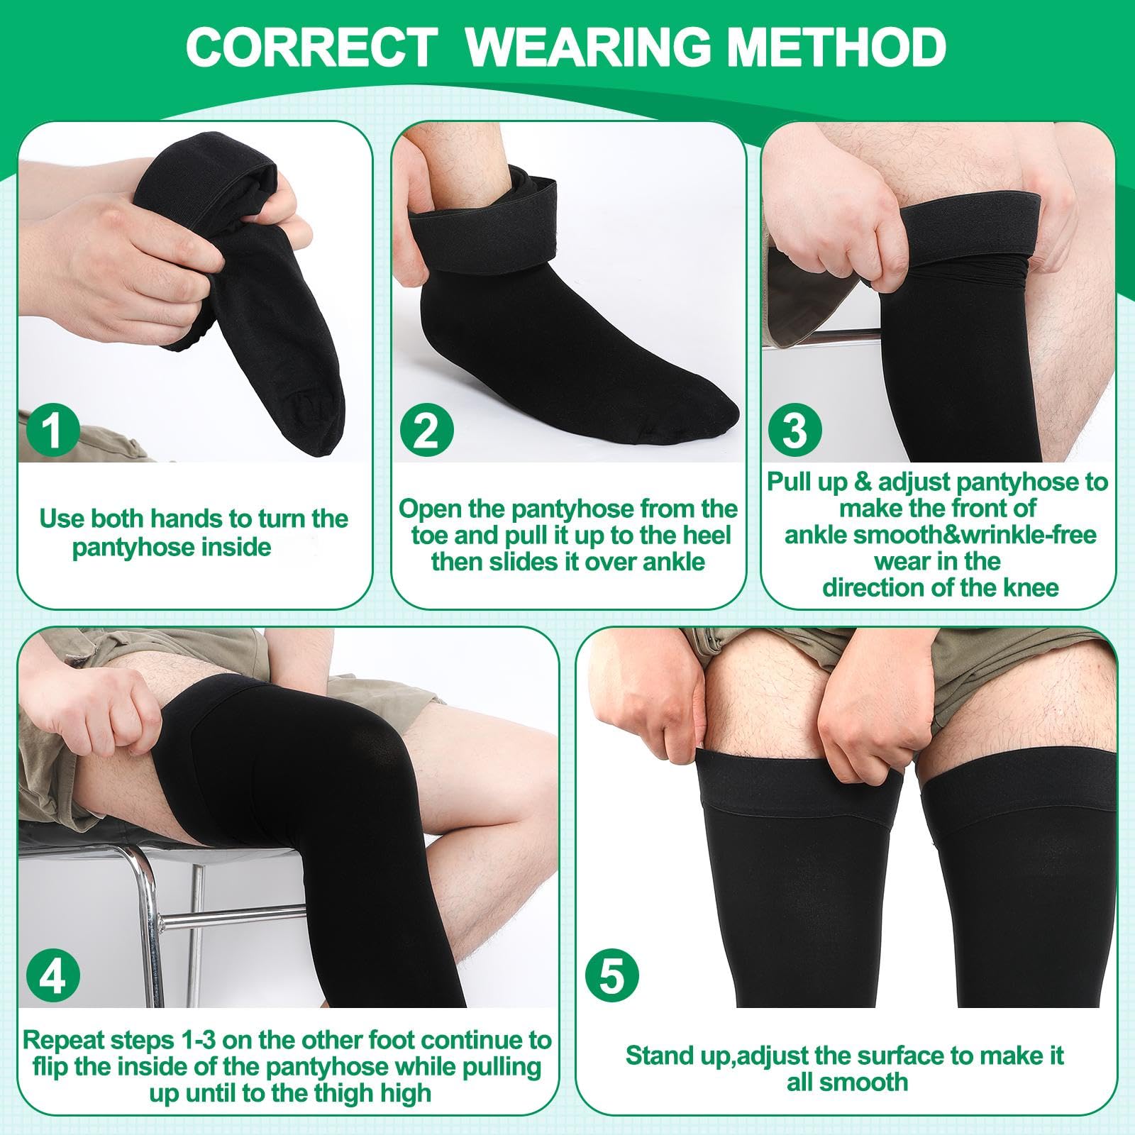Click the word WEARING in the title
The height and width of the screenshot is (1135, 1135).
pyautogui.click(x=589, y=47)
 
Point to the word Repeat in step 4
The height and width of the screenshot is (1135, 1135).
pyautogui.click(x=63, y=1040)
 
